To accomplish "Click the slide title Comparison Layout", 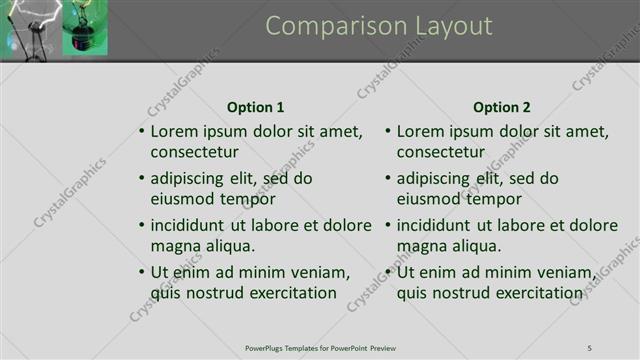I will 379,26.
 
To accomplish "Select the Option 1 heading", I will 255,107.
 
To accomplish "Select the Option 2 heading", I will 502,107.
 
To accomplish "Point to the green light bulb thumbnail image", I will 84,28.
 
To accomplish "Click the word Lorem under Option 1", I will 173,131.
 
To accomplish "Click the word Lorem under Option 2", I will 419,131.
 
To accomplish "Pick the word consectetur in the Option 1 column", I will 194,152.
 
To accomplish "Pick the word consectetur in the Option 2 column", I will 440,152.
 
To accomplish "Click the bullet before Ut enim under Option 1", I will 141,272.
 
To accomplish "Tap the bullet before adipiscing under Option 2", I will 387,179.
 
